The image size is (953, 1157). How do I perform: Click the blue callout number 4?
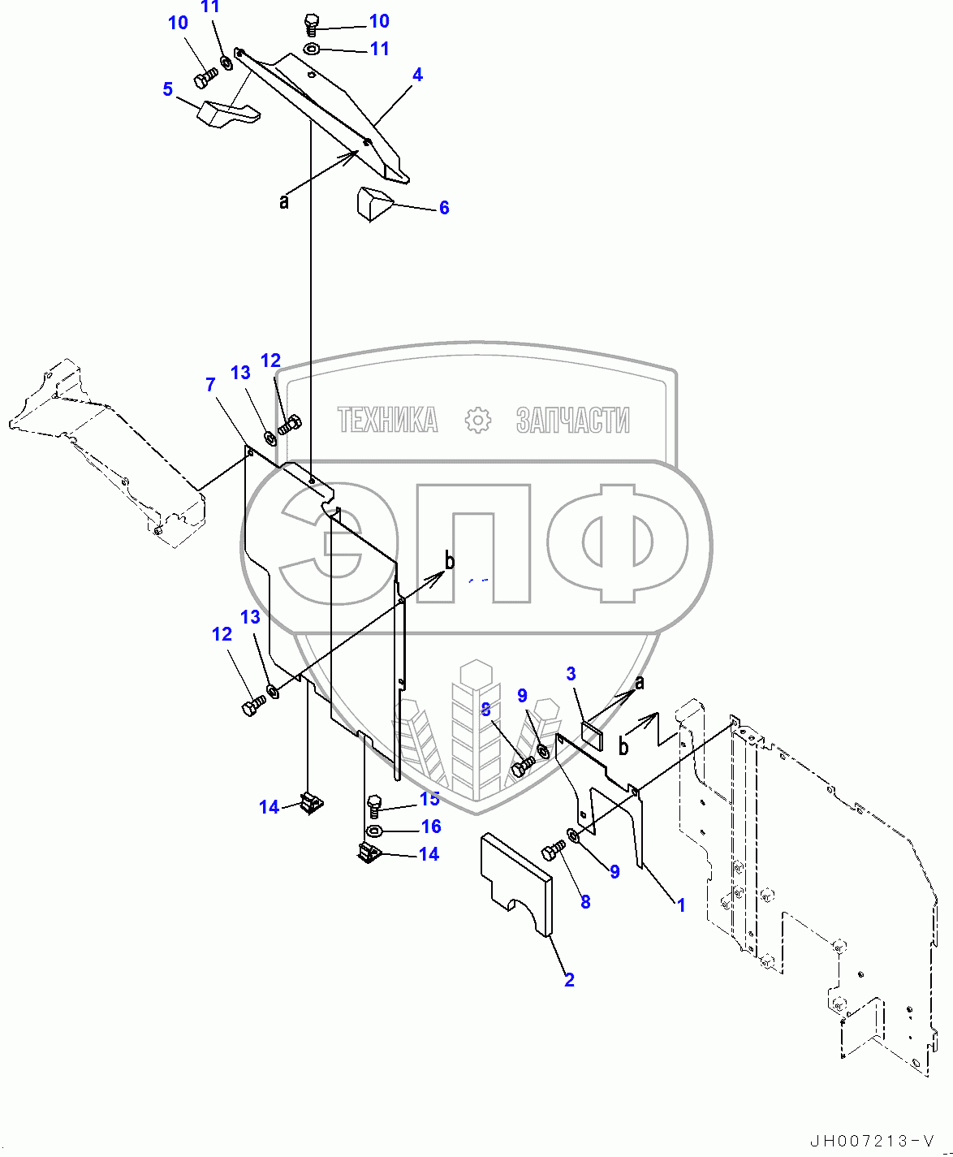coord(417,75)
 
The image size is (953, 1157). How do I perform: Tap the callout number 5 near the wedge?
coord(167,89)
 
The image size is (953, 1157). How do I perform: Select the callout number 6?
coord(444,208)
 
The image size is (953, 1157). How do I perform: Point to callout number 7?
coord(210,384)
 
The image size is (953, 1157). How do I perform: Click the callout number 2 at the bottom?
coord(569,980)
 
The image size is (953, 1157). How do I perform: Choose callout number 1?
coord(681,904)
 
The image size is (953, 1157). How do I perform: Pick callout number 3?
coord(571,674)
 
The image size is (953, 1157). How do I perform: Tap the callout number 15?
coord(429,799)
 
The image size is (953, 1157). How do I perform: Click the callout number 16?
coord(431,827)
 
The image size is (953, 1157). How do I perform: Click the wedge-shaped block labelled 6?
coord(373,202)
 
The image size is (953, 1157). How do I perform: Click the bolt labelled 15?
coord(374,805)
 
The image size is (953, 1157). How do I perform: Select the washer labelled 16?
coord(374,831)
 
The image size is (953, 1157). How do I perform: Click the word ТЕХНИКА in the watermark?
coord(387,420)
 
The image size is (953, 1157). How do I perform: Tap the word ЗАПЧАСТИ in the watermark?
coord(572,420)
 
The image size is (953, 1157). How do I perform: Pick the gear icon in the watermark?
coord(478,420)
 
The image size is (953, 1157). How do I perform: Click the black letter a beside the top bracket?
coord(283,201)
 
